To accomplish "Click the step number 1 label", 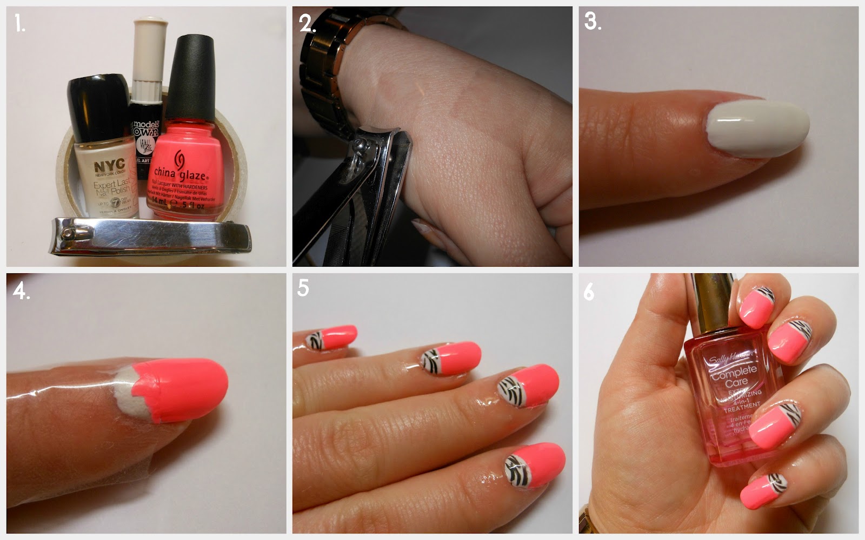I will click(19, 24).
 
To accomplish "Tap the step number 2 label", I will click(307, 24).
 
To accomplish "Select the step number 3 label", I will click(593, 22).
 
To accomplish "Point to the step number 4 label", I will click(21, 292).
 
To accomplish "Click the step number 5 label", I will click(303, 288).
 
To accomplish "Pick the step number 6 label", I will click(589, 292).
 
